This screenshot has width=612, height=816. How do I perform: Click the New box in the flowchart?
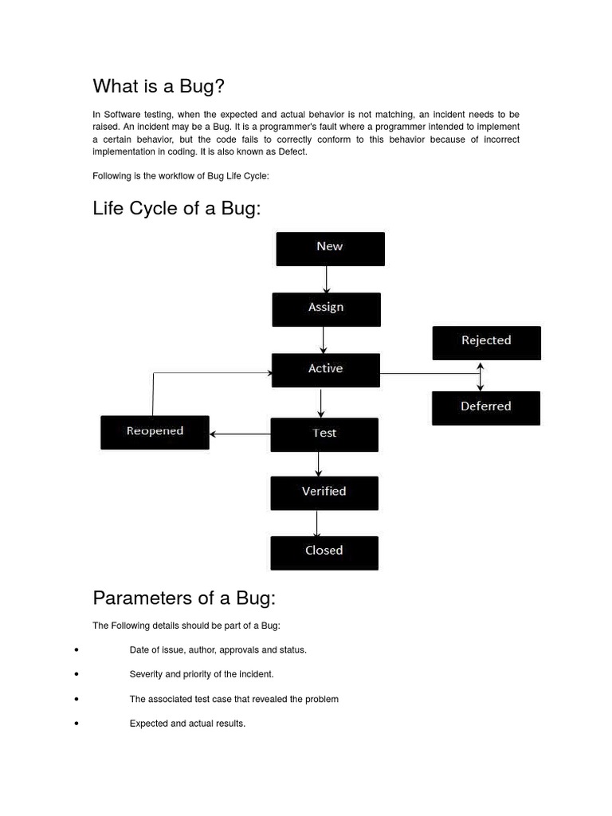330,249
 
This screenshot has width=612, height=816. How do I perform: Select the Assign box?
326,309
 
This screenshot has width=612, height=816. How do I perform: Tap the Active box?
325,371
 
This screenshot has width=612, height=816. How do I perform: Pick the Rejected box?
486,343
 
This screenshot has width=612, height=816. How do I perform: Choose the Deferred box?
485,408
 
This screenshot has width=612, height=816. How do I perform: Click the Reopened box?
155,432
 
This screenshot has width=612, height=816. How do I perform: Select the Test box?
324,434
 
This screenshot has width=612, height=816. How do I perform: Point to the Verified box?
324,492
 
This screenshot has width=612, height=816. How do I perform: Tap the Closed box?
324,552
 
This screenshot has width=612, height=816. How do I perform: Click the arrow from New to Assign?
327,279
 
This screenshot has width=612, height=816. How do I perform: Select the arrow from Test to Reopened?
240,434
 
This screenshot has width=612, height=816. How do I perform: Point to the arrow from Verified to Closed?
317,523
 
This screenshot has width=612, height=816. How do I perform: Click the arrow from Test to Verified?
319,464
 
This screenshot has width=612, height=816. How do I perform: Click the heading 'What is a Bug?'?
164,86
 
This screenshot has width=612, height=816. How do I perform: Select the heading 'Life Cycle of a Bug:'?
177,208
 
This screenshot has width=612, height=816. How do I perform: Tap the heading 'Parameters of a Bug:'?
184,598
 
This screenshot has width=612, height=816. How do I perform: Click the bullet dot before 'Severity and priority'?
76,674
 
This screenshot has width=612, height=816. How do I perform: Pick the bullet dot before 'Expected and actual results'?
76,724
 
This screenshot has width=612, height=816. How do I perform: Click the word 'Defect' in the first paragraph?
292,151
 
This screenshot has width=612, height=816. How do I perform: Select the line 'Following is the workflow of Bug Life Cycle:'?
181,176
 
